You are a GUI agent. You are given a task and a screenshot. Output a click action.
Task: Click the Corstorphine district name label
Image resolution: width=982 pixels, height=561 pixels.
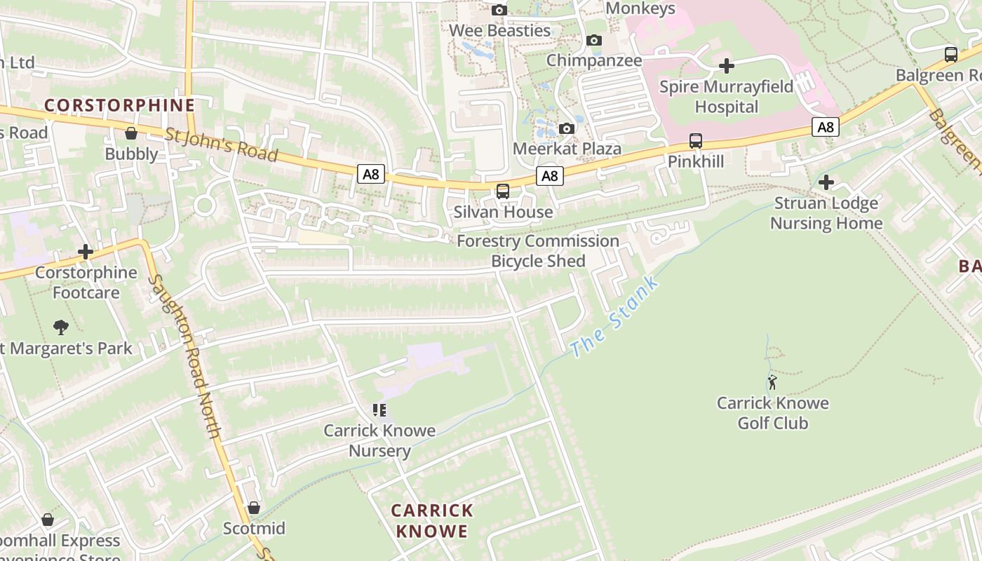[x=119, y=105]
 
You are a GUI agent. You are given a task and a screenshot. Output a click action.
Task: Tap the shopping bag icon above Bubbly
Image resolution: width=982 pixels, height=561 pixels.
[x=131, y=133]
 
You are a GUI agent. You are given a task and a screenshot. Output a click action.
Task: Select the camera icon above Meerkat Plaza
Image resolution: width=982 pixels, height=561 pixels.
[x=567, y=129]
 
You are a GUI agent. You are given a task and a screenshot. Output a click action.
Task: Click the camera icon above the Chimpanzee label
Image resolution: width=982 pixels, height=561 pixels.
[x=594, y=41]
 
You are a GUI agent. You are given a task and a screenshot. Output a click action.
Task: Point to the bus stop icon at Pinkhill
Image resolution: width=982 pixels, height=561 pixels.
[x=695, y=141]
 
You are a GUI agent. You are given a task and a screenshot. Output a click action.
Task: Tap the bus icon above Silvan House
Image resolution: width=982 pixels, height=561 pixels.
[x=503, y=191]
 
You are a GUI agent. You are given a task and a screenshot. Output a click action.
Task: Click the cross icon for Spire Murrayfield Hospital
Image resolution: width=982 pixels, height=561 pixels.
[x=727, y=66]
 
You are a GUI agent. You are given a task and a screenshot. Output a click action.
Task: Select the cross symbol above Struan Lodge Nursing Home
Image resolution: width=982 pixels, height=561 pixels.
[x=826, y=183]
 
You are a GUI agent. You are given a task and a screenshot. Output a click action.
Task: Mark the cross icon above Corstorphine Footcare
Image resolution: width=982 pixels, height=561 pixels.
[x=86, y=252]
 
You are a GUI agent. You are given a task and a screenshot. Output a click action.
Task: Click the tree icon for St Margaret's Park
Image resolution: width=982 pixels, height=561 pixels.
[x=61, y=327]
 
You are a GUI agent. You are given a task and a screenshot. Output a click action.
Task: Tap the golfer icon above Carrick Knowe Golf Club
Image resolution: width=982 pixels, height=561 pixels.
[x=772, y=382]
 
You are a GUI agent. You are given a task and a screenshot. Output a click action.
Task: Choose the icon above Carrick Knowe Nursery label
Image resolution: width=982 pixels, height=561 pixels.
[x=379, y=410]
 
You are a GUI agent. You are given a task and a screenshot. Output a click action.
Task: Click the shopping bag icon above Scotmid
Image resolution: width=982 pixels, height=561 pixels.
[x=254, y=508]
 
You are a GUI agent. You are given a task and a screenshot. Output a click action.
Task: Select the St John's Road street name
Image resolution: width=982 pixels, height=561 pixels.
[x=221, y=144]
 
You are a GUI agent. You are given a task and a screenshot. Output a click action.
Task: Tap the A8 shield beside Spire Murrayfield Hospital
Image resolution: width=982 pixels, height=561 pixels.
[x=826, y=127]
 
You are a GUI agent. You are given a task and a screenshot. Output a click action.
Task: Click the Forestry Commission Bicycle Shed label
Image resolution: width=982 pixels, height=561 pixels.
[x=538, y=251]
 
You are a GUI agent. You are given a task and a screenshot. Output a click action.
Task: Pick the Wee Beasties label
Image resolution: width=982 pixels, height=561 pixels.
[x=499, y=31]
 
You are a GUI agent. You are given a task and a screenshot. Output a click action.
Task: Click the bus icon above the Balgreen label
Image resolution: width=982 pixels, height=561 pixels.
[x=950, y=55]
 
